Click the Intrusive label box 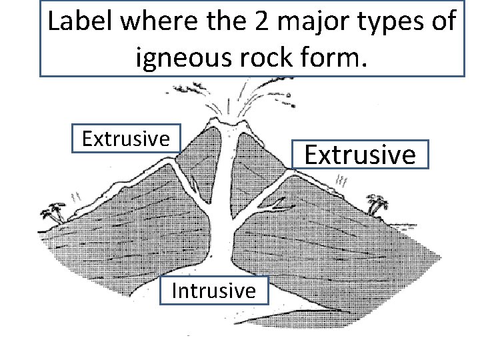tap(213, 291)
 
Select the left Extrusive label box tap(125, 139)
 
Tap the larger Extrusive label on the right tap(360, 155)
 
